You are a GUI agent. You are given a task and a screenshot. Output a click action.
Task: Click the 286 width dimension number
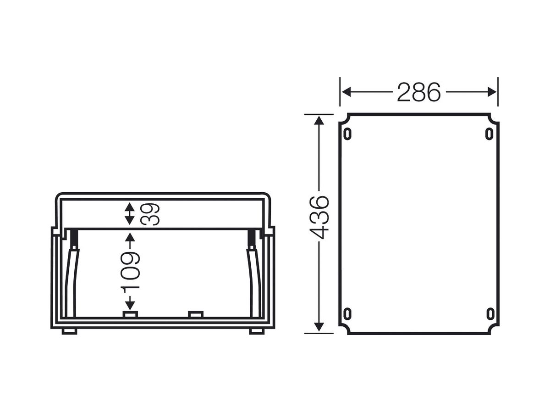(x=419, y=92)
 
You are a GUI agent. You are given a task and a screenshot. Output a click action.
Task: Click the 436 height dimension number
(x=319, y=217)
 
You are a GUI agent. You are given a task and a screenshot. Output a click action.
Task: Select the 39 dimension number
(x=150, y=214)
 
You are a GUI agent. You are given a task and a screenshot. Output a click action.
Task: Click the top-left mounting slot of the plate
(x=347, y=134)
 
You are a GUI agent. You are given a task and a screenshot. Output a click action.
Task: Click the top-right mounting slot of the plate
(x=489, y=134)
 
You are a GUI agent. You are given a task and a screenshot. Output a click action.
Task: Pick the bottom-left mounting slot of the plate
(x=347, y=314)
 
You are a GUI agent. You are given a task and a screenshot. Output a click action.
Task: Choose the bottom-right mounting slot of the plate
(x=489, y=314)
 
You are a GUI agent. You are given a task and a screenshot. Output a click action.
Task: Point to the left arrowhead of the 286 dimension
(x=346, y=92)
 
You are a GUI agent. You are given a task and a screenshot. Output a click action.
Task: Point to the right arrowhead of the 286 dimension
(x=492, y=92)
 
